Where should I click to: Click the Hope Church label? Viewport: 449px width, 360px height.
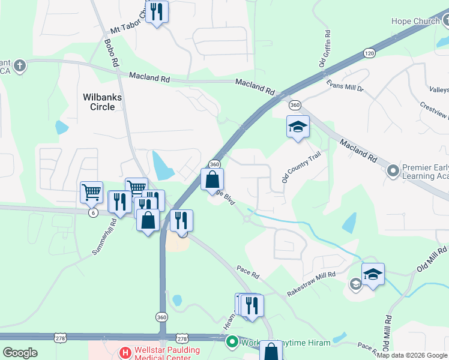click(x=415, y=22)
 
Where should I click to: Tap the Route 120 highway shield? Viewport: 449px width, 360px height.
click(x=369, y=53)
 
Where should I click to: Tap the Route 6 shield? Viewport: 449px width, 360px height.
click(x=92, y=213)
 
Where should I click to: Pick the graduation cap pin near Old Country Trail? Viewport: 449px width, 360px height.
click(x=298, y=127)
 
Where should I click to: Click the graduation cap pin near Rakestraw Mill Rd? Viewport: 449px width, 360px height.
click(x=373, y=275)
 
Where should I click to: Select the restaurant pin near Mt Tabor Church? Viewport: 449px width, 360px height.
click(x=157, y=12)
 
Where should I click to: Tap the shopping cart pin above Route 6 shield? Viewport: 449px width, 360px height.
click(x=92, y=193)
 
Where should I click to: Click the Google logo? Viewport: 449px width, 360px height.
click(x=20, y=352)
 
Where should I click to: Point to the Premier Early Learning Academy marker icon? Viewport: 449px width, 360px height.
click(x=393, y=171)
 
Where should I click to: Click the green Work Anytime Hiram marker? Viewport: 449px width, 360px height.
click(x=232, y=343)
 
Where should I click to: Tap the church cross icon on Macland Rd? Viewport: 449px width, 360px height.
click(x=20, y=65)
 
